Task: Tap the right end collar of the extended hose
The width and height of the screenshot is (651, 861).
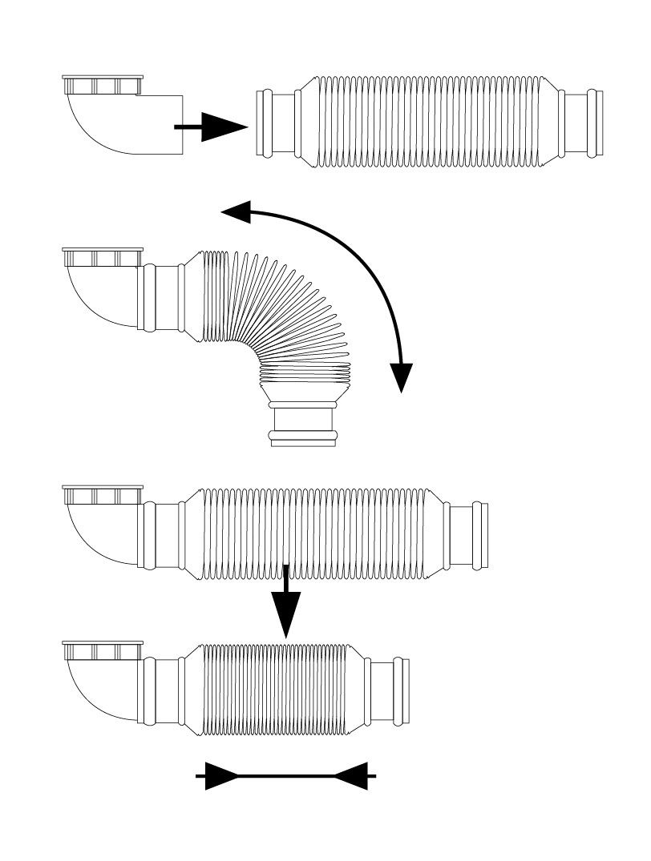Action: pos(468,536)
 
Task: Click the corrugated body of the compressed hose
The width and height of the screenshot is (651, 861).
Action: pos(277,689)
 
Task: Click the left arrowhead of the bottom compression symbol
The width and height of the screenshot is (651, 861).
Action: pos(221,775)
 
